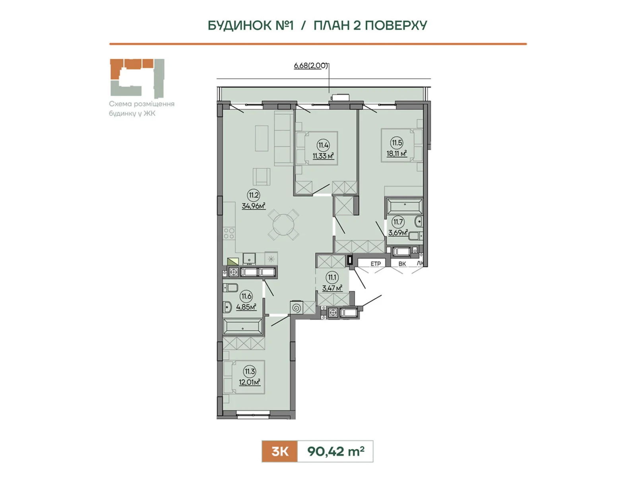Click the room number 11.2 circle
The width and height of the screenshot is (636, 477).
tap(254, 195)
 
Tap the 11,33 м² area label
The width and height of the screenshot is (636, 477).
tap(323, 156)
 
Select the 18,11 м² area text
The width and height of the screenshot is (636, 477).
tap(397, 153)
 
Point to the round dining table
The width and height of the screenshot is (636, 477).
tap(283, 225)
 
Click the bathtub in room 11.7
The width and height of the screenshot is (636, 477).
tap(405, 207)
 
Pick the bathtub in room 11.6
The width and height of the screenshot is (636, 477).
tap(242, 327)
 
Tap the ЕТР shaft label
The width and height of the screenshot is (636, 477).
tap(376, 264)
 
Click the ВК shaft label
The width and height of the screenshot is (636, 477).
tap(402, 264)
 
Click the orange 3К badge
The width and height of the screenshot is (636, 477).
tap(279, 451)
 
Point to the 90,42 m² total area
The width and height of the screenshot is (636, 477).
tap(335, 451)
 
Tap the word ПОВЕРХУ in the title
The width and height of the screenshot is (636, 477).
tap(396, 25)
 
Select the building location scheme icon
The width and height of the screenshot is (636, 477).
tap(137, 78)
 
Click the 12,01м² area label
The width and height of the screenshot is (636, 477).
tap(250, 382)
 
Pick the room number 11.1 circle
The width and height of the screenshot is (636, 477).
tap(332, 277)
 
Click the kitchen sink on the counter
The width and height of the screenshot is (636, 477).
tap(249, 258)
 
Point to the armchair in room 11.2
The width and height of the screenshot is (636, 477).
tap(261, 176)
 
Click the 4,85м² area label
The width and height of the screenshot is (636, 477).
tap(246, 307)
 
